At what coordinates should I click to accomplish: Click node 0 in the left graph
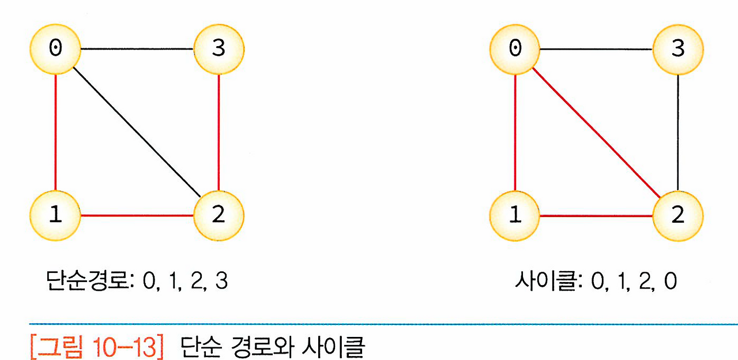point(55,49)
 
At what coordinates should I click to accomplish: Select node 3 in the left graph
point(219,49)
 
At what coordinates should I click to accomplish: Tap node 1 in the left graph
point(55,215)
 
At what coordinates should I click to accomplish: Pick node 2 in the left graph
point(219,215)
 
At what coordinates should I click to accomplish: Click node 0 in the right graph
point(515,49)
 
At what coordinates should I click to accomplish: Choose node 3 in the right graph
point(678,49)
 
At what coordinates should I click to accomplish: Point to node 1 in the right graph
point(515,215)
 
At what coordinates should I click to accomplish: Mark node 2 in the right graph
point(678,215)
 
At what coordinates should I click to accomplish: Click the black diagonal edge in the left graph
point(137,132)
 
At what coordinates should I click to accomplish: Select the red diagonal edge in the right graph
point(596,132)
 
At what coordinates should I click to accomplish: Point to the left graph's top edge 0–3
point(137,49)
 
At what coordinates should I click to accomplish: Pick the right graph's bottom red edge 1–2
point(596,216)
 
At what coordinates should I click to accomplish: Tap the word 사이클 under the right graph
point(547,281)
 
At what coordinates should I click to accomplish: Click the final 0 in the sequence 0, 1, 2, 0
point(670,282)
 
